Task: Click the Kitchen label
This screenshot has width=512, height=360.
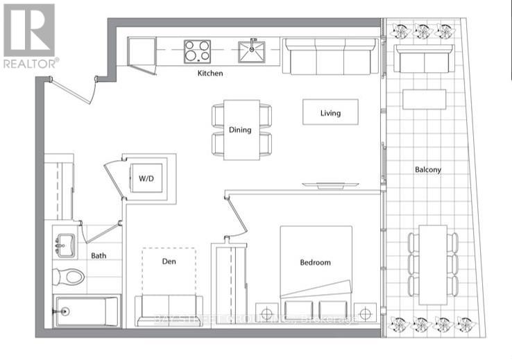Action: point(210,73)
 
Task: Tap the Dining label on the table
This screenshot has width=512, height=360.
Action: point(240,130)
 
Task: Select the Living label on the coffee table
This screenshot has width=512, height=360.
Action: point(330,112)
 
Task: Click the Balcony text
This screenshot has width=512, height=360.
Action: point(428,169)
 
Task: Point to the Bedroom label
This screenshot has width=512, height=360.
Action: point(315,262)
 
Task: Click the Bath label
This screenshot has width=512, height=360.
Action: point(99,255)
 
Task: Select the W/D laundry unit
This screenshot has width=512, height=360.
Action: point(146,178)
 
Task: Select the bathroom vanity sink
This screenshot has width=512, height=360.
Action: point(66,244)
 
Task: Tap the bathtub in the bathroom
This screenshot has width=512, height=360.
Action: point(87,311)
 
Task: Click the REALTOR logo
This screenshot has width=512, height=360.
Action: point(29,35)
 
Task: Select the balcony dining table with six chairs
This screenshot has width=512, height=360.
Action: point(433,264)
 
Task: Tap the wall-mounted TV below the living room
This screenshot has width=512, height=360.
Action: point(330,185)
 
